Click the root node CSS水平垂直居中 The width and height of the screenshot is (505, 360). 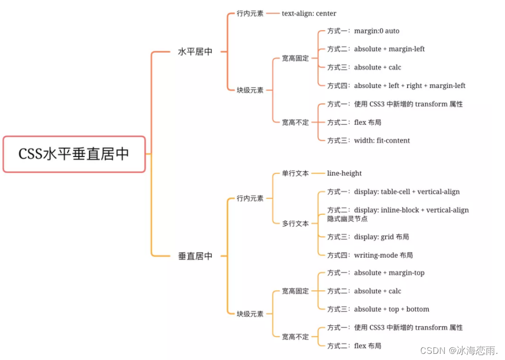(x=74, y=154)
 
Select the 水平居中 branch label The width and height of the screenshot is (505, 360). (x=195, y=52)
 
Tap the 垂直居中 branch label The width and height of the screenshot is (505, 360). (x=195, y=256)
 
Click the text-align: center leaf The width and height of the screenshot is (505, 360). (x=309, y=13)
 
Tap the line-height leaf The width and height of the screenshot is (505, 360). (x=344, y=173)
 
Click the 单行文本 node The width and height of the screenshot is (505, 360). (x=295, y=173)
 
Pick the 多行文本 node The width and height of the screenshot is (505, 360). (x=295, y=223)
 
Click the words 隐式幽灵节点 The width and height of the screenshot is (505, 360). (x=347, y=219)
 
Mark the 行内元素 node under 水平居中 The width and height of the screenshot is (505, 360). (x=250, y=14)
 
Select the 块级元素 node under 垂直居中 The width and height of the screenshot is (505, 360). (x=250, y=314)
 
